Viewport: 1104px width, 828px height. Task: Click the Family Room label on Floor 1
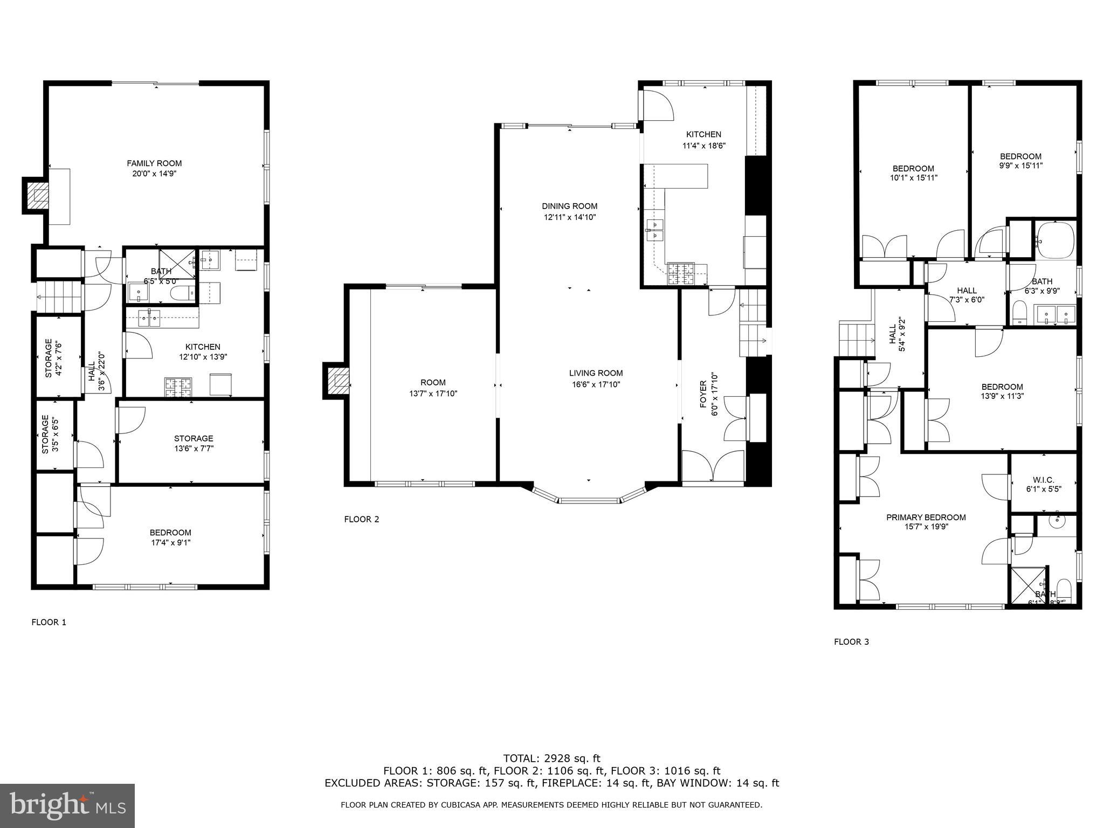coord(154,163)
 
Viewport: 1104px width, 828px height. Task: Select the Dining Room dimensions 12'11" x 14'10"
coord(569,218)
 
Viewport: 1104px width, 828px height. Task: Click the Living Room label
coord(596,373)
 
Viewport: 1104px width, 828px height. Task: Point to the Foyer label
coord(703,394)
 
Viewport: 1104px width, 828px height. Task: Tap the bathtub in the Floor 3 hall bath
coord(1055,240)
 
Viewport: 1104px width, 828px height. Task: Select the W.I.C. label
coord(1043,480)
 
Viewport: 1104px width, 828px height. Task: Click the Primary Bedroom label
coord(926,517)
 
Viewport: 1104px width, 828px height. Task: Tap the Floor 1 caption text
coord(49,622)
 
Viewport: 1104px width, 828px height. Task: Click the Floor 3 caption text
coord(851,641)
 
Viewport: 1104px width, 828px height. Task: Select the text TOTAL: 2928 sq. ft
coord(551,758)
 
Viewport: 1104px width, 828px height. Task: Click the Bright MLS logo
coord(67,806)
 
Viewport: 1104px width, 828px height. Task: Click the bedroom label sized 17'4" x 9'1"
coord(171,533)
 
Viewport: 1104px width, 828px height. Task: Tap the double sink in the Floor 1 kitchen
coord(149,319)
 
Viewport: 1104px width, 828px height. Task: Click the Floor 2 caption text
coord(361,519)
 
